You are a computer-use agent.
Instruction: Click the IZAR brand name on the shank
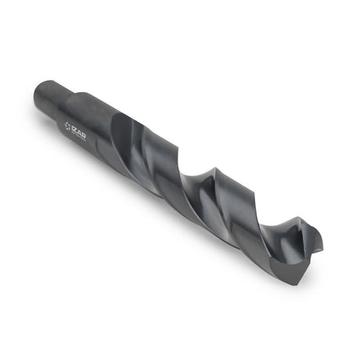pos(79,132)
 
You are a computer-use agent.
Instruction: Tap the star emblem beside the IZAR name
pos(67,125)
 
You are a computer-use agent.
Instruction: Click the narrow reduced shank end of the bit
pos(52,99)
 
